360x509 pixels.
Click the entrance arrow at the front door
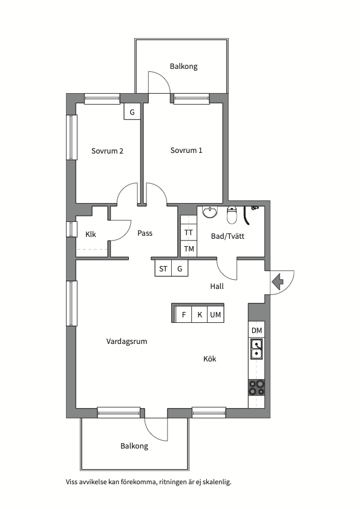(277, 282)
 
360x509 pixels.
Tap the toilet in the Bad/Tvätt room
(231, 215)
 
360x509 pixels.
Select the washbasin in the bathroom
(211, 212)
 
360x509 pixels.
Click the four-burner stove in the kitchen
(257, 387)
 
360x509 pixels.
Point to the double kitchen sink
(257, 349)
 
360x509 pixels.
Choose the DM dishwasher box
(257, 330)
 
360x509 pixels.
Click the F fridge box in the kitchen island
(183, 314)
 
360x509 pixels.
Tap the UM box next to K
(215, 314)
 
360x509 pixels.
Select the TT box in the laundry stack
(188, 233)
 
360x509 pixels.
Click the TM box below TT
(188, 249)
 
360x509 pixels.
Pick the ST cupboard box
(163, 269)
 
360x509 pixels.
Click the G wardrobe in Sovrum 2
(132, 112)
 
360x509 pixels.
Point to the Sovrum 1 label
(186, 151)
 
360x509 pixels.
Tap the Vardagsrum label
(126, 342)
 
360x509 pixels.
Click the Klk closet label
(91, 234)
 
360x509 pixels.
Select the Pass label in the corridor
(145, 233)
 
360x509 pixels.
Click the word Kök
(209, 358)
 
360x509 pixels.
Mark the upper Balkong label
(183, 66)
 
